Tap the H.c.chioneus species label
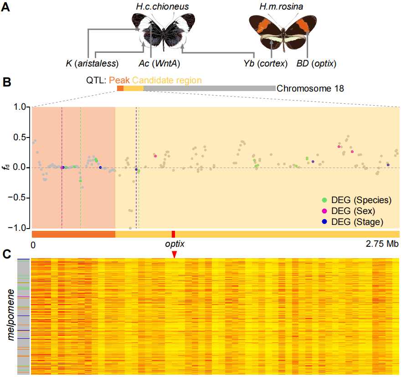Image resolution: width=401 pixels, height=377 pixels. click(x=162, y=6)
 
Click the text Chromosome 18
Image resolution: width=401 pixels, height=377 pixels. click(x=310, y=88)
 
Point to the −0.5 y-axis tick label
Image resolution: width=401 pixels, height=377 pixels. click(x=19, y=198)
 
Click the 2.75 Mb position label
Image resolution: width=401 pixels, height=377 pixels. click(x=382, y=245)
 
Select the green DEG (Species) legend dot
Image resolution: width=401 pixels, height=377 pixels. click(x=324, y=200)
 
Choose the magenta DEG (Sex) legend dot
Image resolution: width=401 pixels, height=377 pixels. click(x=324, y=211)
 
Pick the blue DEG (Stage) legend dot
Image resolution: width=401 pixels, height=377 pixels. click(x=324, y=222)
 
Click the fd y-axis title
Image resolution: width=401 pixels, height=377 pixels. click(x=5, y=167)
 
